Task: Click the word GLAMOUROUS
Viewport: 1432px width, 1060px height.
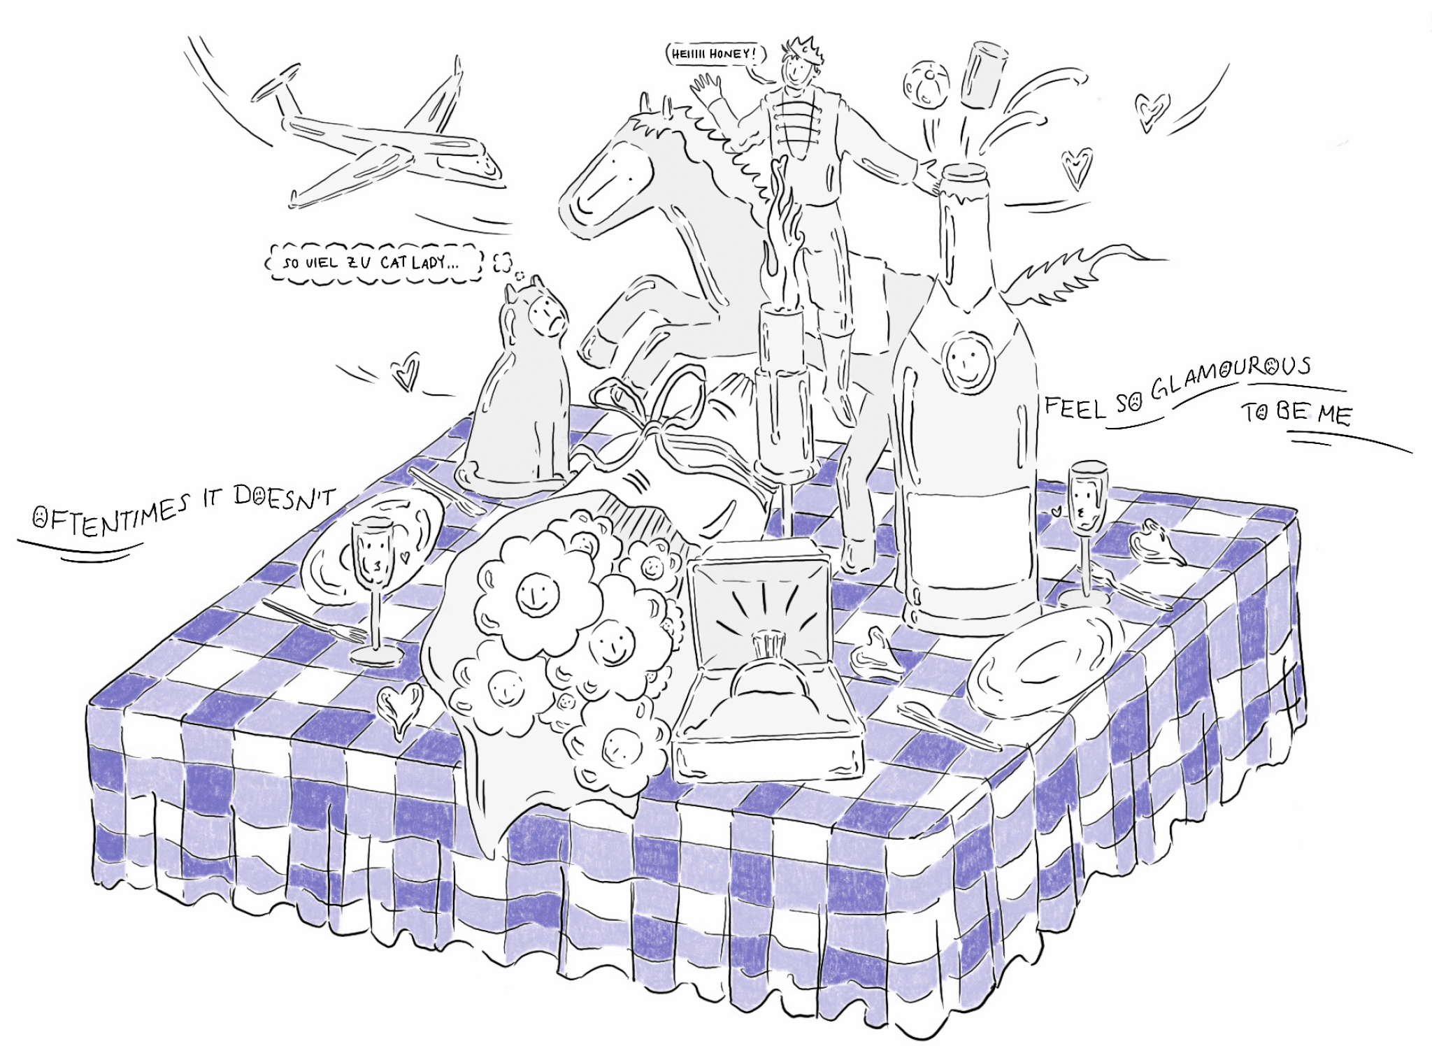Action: [x=1231, y=378]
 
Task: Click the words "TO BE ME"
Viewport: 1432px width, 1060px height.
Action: [x=1298, y=413]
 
